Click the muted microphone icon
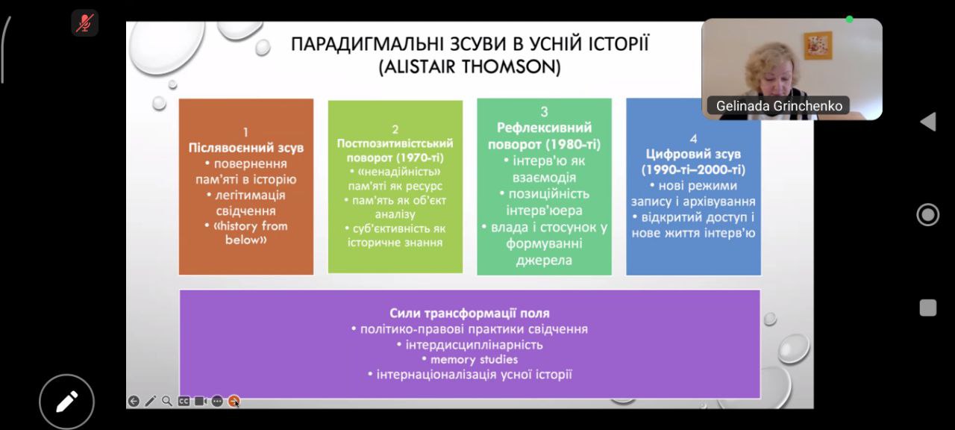pyautogui.click(x=85, y=23)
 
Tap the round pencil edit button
pyautogui.click(x=66, y=402)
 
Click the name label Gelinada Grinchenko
pyautogui.click(x=779, y=106)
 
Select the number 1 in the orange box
pyautogui.click(x=245, y=132)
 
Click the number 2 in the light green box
pyautogui.click(x=395, y=129)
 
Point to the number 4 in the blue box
pyautogui.click(x=693, y=139)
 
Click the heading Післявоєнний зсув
pyautogui.click(x=246, y=148)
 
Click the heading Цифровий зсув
pyautogui.click(x=693, y=154)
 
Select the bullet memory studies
pyautogui.click(x=474, y=359)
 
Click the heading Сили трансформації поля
pyautogui.click(x=469, y=313)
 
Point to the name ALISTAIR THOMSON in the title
pyautogui.click(x=470, y=66)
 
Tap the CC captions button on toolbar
pyautogui.click(x=184, y=401)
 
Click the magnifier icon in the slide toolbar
pyautogui.click(x=167, y=401)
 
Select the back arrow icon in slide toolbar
pyautogui.click(x=134, y=401)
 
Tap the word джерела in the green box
pyautogui.click(x=544, y=261)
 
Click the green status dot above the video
pyautogui.click(x=849, y=19)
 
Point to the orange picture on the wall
pyautogui.click(x=818, y=46)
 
